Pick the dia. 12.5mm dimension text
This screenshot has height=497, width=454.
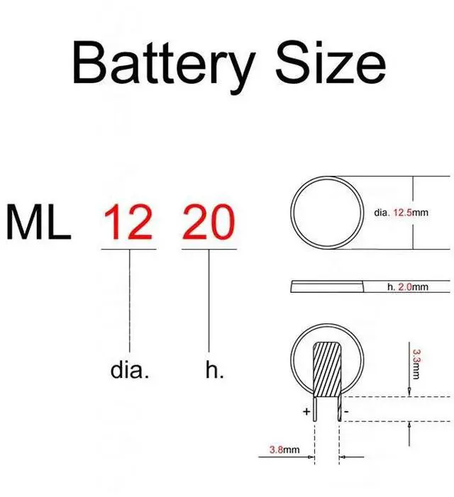click(402, 212)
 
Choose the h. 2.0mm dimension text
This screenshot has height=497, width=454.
click(408, 287)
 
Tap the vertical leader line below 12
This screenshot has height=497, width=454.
click(129, 305)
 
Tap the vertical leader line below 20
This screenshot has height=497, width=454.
click(208, 305)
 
